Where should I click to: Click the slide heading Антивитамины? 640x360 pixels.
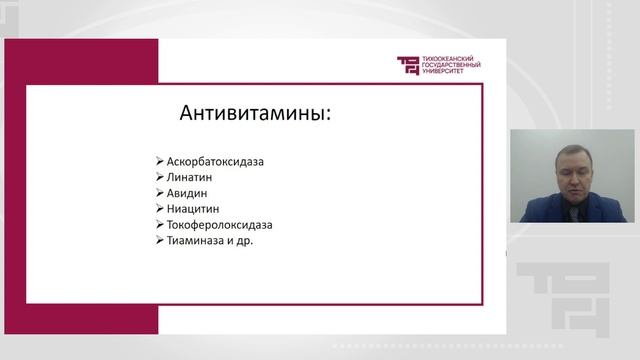pyautogui.click(x=254, y=113)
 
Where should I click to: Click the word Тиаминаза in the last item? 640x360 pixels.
pyautogui.click(x=196, y=241)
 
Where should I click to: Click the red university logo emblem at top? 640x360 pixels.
pyautogui.click(x=408, y=66)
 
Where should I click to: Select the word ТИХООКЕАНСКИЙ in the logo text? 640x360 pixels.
pyautogui.click(x=449, y=59)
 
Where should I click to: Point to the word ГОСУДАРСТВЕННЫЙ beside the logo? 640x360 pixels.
pyautogui.click(x=453, y=66)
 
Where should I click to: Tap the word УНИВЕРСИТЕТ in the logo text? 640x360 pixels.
pyautogui.click(x=447, y=73)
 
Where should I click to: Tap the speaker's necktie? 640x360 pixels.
pyautogui.click(x=566, y=206)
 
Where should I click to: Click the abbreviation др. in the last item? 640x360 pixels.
pyautogui.click(x=245, y=241)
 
